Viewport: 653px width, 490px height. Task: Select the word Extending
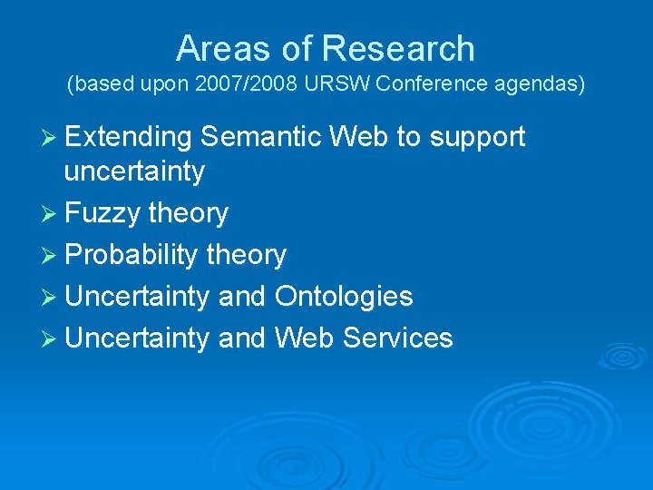(x=128, y=137)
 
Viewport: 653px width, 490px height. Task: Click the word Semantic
(x=262, y=137)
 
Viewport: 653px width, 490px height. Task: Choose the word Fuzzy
(x=102, y=214)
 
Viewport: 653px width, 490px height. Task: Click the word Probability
(x=132, y=256)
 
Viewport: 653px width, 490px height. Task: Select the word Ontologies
(x=344, y=297)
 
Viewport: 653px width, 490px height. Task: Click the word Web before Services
(x=304, y=338)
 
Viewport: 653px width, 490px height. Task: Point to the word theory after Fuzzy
(x=189, y=214)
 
